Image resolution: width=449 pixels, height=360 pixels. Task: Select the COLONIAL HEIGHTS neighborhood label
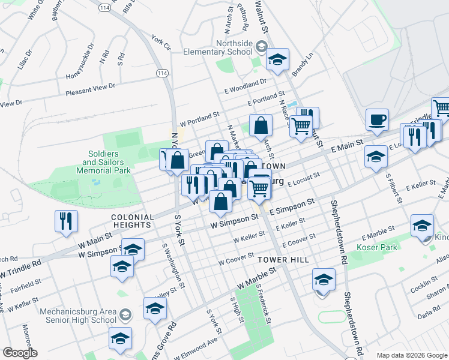coord(131,220)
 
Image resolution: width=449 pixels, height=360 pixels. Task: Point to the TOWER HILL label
coord(283,260)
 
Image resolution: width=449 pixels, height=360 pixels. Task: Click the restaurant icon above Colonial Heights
coord(66,221)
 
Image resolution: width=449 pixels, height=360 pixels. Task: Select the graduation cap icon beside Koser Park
coord(422,226)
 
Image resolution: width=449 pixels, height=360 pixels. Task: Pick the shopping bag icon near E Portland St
coord(261,125)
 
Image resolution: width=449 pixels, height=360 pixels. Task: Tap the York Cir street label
coord(161,42)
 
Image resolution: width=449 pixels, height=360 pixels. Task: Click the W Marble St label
coord(256,277)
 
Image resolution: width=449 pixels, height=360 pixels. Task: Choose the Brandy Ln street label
coord(303,65)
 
